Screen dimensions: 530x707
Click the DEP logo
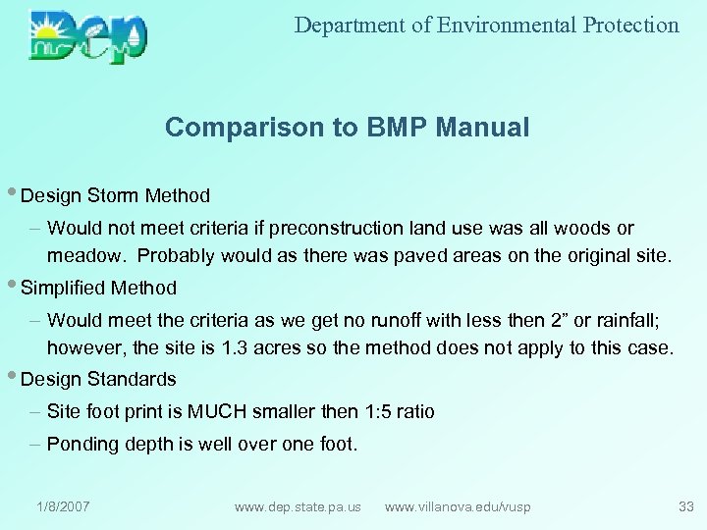[x=88, y=36]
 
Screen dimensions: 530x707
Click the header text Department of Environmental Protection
[x=486, y=26]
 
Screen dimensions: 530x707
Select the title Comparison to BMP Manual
[x=347, y=127]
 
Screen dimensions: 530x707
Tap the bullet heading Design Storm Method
[x=114, y=196]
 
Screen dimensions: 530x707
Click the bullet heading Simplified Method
[x=98, y=288]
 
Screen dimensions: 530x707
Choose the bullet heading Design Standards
[x=98, y=379]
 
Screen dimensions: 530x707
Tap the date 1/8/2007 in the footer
[x=63, y=506]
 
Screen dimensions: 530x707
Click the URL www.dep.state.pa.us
[x=298, y=506]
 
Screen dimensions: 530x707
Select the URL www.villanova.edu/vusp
[x=458, y=506]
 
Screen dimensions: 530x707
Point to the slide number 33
[x=685, y=506]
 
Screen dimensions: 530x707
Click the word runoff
[x=353, y=319]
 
